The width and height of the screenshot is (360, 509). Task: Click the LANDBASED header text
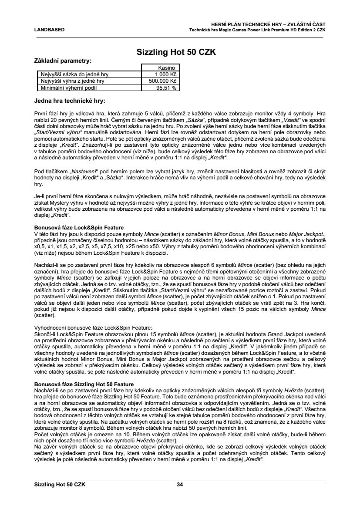point(49,30)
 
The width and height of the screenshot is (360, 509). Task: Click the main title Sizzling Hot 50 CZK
point(180,52)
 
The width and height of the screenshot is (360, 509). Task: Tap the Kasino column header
point(167,68)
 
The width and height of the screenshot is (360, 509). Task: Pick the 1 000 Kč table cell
point(166,74)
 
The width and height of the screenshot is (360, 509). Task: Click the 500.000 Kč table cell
point(163,81)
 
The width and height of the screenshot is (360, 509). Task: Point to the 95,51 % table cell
point(166,88)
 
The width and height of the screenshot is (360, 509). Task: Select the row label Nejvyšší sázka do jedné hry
point(74,74)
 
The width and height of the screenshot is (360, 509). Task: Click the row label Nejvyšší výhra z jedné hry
point(72,81)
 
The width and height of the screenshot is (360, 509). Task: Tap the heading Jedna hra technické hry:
point(70,101)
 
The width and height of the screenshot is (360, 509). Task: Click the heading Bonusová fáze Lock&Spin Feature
point(79,228)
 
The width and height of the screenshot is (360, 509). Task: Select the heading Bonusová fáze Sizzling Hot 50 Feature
point(84,384)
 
